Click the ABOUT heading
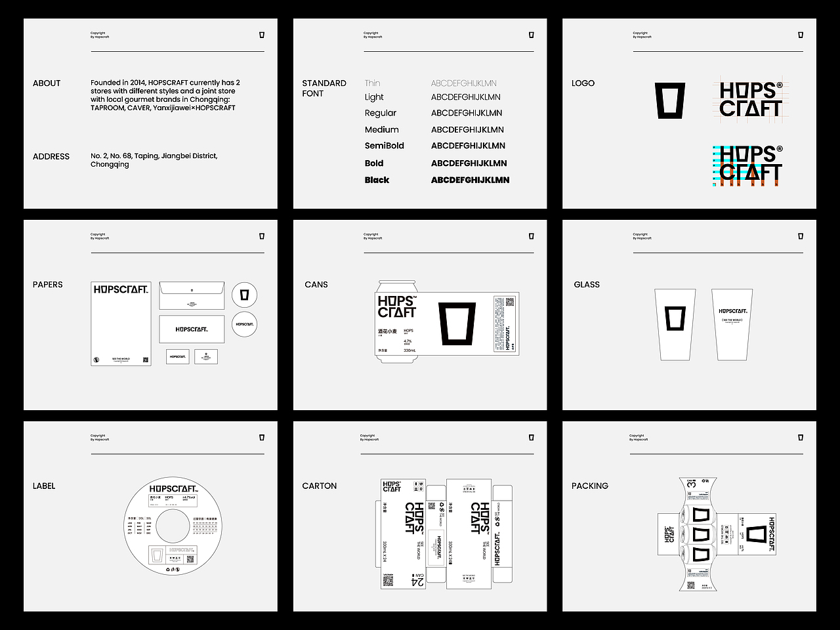pyautogui.click(x=47, y=83)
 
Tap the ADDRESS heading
pyautogui.click(x=51, y=157)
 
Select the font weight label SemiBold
pyautogui.click(x=384, y=146)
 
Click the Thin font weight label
pyautogui.click(x=372, y=83)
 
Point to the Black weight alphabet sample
pyautogui.click(x=470, y=180)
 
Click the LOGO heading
pyautogui.click(x=583, y=83)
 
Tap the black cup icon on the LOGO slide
pyautogui.click(x=669, y=101)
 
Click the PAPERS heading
pyautogui.click(x=48, y=285)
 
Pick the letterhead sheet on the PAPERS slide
pyautogui.click(x=121, y=324)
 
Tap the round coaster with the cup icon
pyautogui.click(x=244, y=295)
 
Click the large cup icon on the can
pyautogui.click(x=457, y=324)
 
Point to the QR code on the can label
pyautogui.click(x=509, y=302)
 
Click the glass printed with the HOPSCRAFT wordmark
pyautogui.click(x=732, y=324)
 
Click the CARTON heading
pyautogui.click(x=320, y=486)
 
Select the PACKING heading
pyautogui.click(x=589, y=486)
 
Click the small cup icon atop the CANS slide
pyautogui.click(x=531, y=236)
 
